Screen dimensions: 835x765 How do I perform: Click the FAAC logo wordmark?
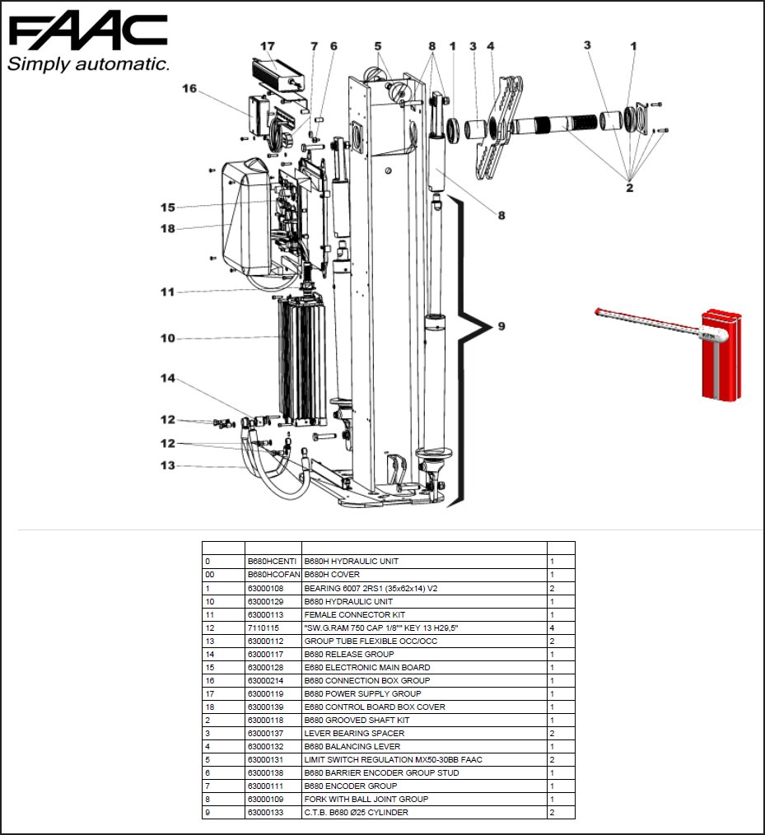(87, 32)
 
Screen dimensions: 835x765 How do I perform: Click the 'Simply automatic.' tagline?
(88, 64)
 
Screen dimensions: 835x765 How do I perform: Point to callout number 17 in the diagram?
(268, 47)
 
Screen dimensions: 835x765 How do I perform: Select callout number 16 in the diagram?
(189, 88)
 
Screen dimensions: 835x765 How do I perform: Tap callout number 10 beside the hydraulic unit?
(168, 338)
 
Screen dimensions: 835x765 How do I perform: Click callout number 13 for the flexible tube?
(168, 465)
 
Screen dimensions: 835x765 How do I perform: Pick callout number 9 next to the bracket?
(501, 327)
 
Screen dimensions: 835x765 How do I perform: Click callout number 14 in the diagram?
(168, 378)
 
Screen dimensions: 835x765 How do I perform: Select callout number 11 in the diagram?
(168, 292)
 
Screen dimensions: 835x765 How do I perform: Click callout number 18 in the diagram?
(168, 228)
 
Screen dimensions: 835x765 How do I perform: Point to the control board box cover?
(247, 218)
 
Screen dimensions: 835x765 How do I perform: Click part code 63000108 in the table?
(265, 588)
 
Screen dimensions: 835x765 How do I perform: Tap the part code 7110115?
(263, 627)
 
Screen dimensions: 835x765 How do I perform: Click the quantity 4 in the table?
(552, 627)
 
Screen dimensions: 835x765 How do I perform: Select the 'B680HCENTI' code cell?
(273, 561)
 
